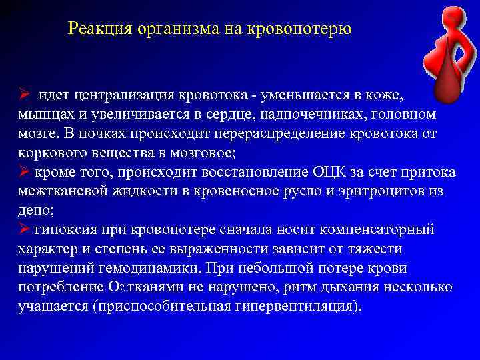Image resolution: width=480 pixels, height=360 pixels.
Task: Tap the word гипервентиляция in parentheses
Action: pyautogui.click(x=301, y=307)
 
